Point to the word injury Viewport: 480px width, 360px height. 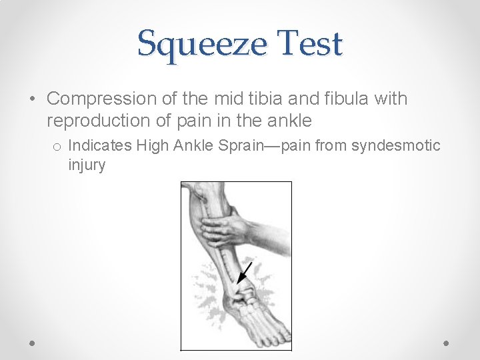[x=87, y=164]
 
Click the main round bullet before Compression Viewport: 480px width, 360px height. [x=33, y=99]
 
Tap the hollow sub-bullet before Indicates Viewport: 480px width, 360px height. [x=58, y=146]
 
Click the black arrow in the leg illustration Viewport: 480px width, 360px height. [x=245, y=272]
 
